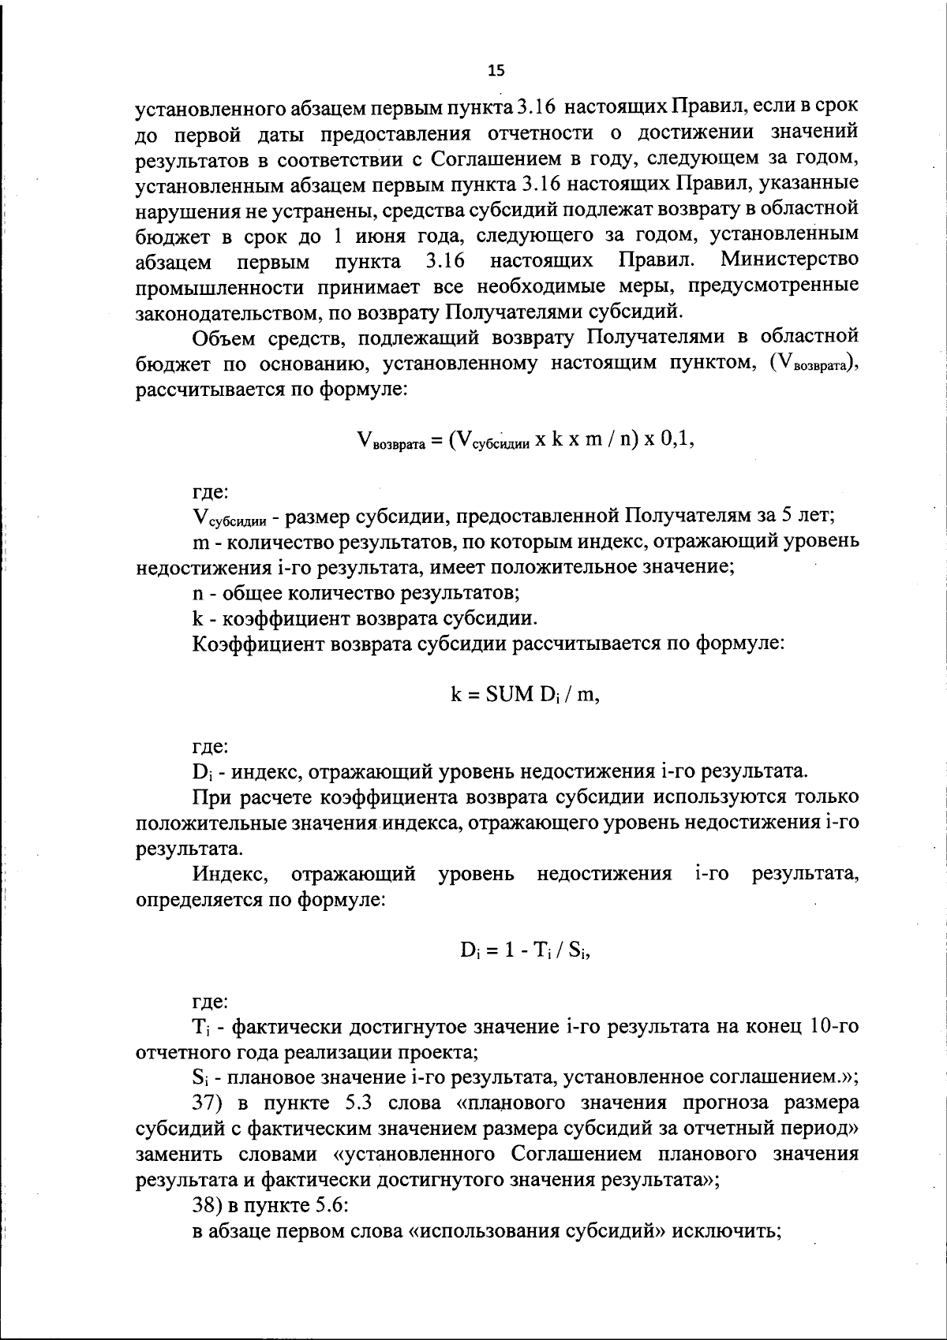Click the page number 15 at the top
(x=496, y=70)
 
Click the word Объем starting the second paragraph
(x=223, y=338)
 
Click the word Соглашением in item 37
(x=576, y=1155)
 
